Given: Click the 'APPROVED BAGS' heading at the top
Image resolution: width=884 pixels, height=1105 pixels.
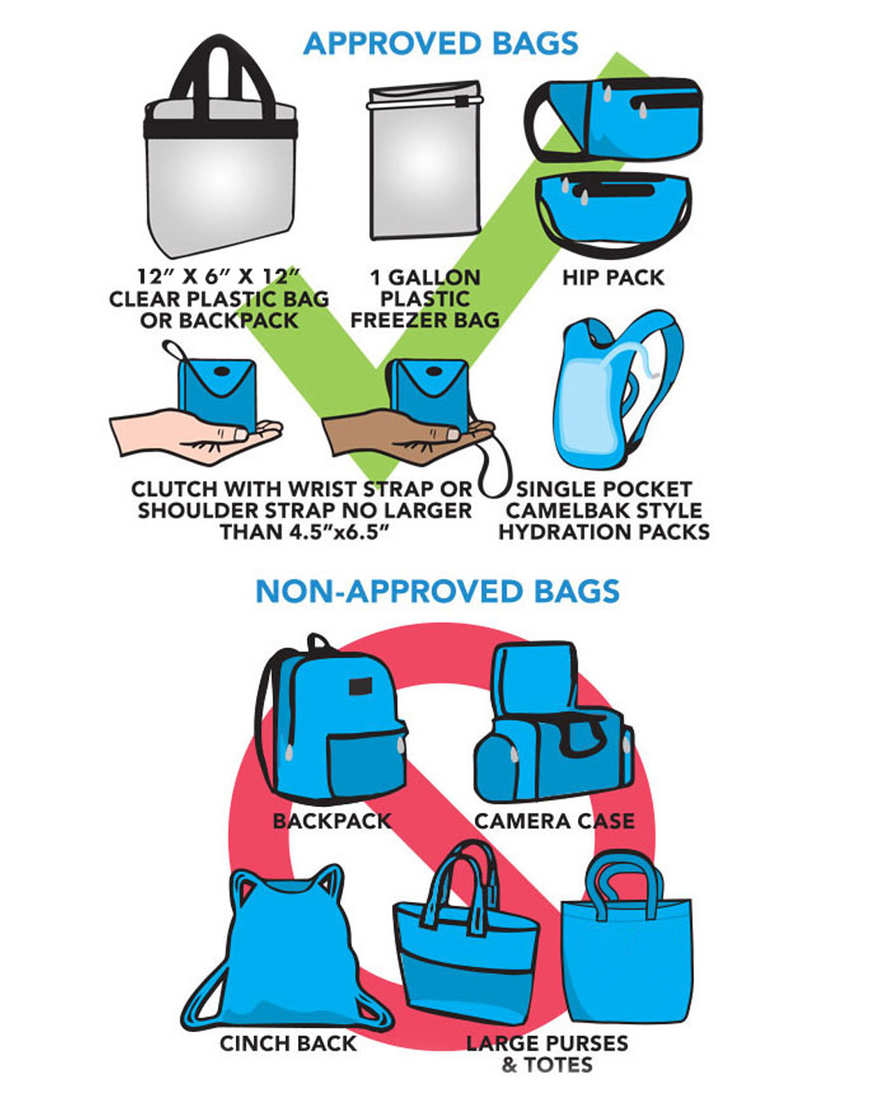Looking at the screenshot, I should point(440,43).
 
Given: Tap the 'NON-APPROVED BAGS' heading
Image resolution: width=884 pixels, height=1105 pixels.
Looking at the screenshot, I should point(437,591).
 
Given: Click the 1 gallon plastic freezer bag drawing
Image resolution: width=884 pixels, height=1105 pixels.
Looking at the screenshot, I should point(424,164).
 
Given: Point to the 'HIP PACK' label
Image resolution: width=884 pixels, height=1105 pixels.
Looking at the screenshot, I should point(613,277).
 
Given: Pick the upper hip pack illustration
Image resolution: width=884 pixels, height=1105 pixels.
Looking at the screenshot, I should point(614,119).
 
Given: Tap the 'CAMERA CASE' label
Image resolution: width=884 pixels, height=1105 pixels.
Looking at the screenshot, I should point(554,821).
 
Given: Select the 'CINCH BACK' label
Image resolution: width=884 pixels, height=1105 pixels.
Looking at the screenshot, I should point(288,1044).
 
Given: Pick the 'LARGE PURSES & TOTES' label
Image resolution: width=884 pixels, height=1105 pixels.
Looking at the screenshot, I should point(547,1054).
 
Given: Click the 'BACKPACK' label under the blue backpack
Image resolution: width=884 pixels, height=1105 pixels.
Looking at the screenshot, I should point(331,821).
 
